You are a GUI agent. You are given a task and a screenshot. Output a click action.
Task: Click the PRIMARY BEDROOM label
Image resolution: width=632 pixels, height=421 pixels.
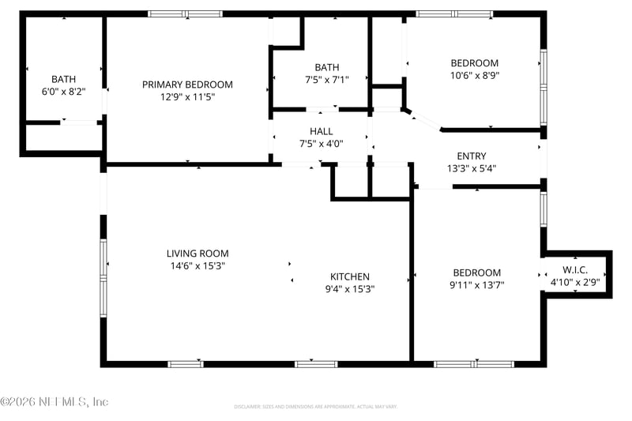187,85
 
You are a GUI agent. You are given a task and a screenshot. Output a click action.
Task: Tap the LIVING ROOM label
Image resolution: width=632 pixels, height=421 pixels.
197,254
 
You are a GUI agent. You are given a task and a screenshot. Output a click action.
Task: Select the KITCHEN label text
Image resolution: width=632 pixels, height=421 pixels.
349,276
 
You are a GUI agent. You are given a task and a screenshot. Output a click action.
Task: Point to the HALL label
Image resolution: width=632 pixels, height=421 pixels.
322,131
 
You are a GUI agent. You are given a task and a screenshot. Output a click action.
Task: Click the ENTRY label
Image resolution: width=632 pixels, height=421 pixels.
472,156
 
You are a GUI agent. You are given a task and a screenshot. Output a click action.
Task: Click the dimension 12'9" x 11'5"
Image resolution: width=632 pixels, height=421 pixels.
187,97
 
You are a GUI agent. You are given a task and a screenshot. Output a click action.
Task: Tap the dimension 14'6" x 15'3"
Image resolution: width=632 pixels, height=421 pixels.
197,266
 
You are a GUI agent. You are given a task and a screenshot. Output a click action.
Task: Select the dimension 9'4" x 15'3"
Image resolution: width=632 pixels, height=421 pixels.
349,289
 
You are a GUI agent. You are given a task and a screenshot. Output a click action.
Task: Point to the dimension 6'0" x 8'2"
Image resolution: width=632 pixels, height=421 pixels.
64,92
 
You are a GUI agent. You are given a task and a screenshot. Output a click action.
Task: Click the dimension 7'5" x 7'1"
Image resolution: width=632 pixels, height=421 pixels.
326,79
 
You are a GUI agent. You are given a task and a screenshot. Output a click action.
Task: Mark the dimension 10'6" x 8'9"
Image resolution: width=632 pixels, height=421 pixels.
475,76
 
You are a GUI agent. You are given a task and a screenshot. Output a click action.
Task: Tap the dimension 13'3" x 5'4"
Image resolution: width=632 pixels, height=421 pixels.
472,169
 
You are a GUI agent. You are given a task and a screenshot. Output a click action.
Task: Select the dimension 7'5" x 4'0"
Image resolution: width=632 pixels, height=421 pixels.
322,144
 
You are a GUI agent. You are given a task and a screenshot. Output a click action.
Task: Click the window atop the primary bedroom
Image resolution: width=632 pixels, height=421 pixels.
186,13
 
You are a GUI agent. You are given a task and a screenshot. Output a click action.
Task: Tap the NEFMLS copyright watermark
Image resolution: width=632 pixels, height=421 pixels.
54,402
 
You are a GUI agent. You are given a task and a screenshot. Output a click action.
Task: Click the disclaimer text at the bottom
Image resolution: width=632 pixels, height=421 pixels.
315,407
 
